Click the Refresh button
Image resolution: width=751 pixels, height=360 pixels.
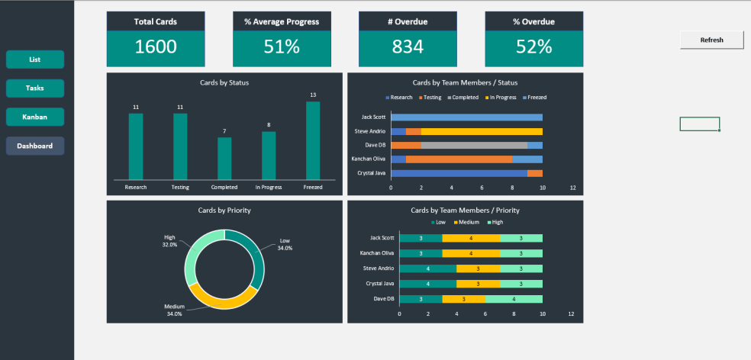pyautogui.click(x=711, y=40)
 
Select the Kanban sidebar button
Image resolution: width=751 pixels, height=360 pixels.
pyautogui.click(x=35, y=117)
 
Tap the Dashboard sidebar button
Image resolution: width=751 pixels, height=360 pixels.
pyautogui.click(x=35, y=146)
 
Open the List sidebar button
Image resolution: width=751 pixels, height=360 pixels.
pyautogui.click(x=35, y=59)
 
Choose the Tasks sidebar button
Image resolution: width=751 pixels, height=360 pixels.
pyautogui.click(x=35, y=88)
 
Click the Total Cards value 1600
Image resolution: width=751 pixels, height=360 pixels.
pyautogui.click(x=156, y=47)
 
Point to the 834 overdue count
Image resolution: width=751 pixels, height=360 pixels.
pyautogui.click(x=408, y=47)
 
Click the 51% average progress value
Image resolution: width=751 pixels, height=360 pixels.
pyautogui.click(x=282, y=47)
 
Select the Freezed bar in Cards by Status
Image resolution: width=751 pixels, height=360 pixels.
pyautogui.click(x=313, y=141)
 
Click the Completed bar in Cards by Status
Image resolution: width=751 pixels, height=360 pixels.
pyautogui.click(x=224, y=159)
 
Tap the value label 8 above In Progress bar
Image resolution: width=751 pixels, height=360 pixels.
pyautogui.click(x=269, y=125)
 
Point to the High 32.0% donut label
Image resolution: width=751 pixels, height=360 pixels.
pyautogui.click(x=169, y=241)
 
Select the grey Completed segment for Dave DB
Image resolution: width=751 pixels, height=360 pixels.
pyautogui.click(x=473, y=145)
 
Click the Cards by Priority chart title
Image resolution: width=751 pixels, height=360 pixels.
pyautogui.click(x=224, y=210)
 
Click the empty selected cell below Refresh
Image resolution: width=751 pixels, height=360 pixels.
pyautogui.click(x=699, y=124)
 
